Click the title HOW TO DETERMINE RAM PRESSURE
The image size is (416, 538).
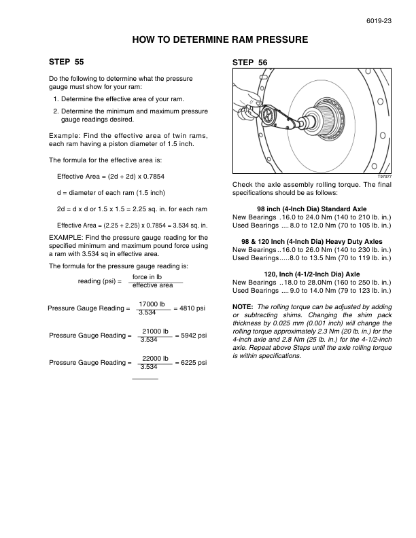coord(220,40)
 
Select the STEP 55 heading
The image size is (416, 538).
coord(67,62)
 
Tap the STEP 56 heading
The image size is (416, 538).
coord(249,62)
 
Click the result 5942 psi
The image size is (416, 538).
coord(191,335)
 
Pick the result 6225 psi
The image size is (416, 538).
coord(191,363)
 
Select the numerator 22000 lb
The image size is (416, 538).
coord(156,358)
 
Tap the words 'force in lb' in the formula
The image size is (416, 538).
coord(147,277)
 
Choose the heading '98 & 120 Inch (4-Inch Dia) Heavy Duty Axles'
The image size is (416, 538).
coord(312,242)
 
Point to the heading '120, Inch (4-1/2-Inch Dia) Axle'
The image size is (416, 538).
coord(312,274)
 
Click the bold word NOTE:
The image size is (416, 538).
coord(243,307)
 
